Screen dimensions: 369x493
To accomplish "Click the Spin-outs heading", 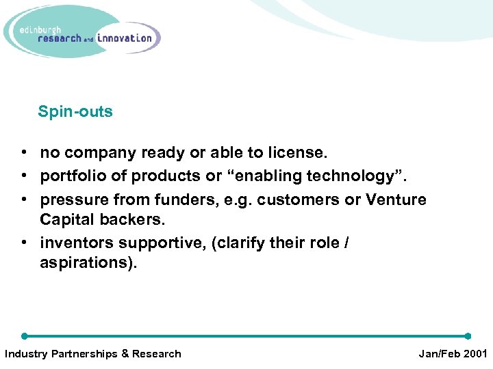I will (x=75, y=111).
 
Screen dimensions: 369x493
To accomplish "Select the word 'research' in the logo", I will (x=60, y=38).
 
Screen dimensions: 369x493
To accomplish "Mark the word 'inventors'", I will (x=76, y=243).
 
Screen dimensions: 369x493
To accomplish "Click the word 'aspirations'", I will (x=86, y=264).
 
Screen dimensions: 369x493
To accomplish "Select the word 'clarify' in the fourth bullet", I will (x=242, y=243).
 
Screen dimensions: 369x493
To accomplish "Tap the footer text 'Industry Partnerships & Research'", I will (x=93, y=354).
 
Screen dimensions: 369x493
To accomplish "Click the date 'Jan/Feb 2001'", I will (x=453, y=354).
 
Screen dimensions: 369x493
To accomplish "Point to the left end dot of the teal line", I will (x=25, y=336).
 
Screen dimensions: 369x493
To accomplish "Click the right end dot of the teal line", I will (x=468, y=336).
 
